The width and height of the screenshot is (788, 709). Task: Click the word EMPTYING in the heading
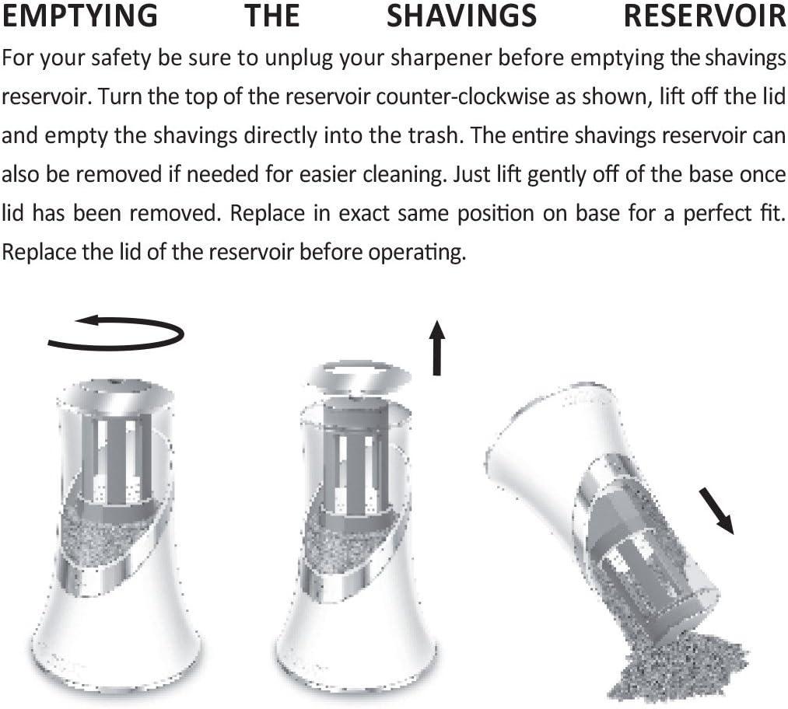coord(80,15)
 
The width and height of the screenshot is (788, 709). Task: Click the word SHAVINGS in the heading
coord(461,15)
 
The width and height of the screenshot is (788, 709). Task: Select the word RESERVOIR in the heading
coord(705,15)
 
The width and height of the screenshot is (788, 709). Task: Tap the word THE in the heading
coord(272,15)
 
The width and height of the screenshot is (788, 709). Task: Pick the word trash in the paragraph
coord(432,135)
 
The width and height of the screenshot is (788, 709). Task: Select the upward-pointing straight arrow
coord(437,348)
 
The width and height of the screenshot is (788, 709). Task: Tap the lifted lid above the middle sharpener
coord(360,376)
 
